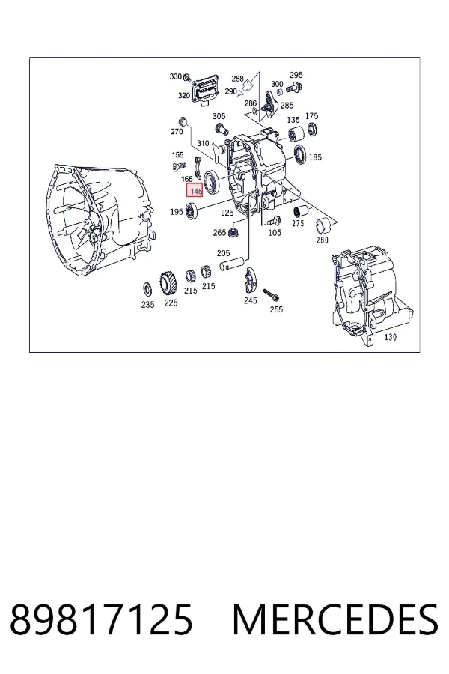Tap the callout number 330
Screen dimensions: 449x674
click(176, 76)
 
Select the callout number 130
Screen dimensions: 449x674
click(390, 338)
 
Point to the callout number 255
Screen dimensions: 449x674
click(276, 309)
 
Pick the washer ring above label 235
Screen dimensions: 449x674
click(147, 289)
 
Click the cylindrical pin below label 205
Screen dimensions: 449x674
click(233, 264)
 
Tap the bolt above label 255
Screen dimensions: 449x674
click(271, 294)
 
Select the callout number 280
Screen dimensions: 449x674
click(323, 240)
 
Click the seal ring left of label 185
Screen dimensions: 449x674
click(300, 155)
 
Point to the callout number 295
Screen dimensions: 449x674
click(296, 75)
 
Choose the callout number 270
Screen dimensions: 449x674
click(177, 132)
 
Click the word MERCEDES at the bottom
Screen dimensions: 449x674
click(335, 619)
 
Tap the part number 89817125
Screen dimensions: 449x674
click(101, 619)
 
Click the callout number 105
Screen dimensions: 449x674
click(275, 233)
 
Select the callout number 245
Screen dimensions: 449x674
click(251, 300)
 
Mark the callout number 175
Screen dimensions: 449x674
click(311, 116)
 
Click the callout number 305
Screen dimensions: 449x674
click(219, 116)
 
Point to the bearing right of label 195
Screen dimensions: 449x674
click(192, 210)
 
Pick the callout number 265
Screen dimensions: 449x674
click(219, 233)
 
